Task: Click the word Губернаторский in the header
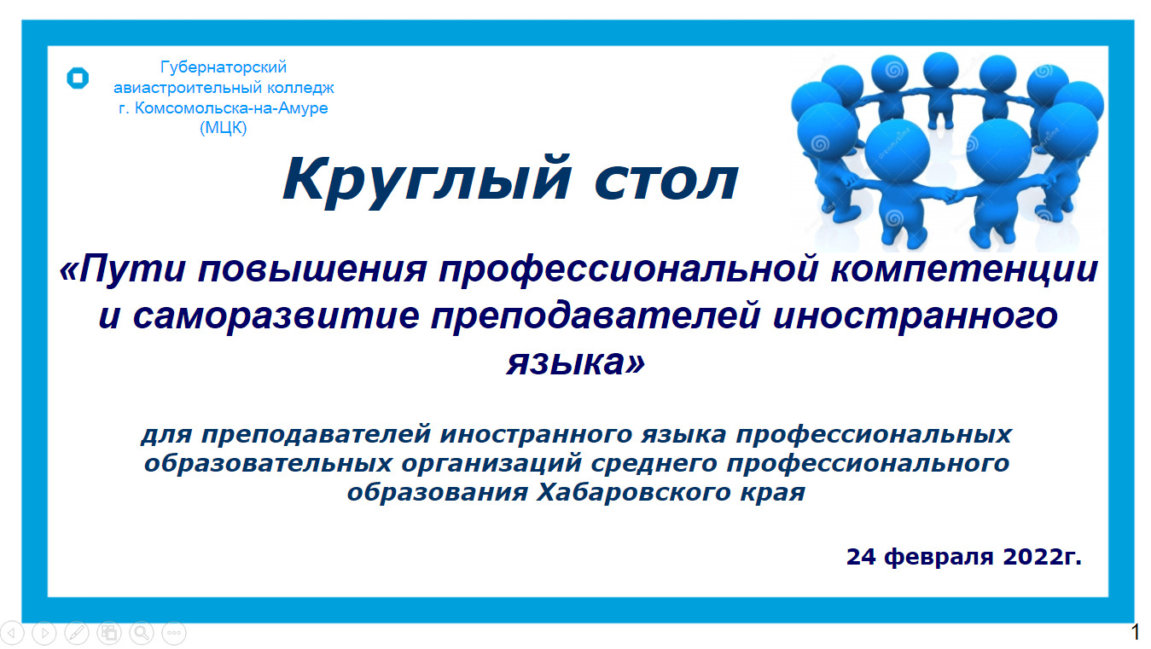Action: coord(224,67)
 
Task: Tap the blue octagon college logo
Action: coord(78,78)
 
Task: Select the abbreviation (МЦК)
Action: coord(223,127)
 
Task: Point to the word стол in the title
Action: coord(666,182)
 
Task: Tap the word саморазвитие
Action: coord(276,316)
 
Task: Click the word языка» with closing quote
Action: coord(575,362)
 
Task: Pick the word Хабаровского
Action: coord(634,492)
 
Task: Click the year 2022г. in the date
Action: coord(1042,557)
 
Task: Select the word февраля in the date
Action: coord(939,557)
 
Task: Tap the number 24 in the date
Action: coord(861,557)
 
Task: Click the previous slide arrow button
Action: coord(12,633)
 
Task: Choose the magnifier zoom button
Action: coord(142,633)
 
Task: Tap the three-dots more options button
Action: coord(174,633)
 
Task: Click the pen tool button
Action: coord(77,633)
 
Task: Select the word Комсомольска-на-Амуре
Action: coord(231,107)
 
